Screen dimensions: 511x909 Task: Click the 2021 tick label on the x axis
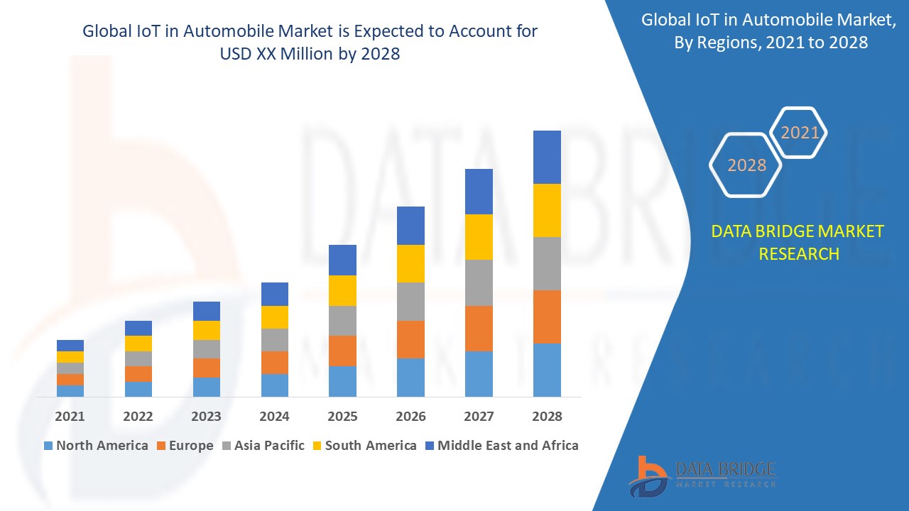pos(70,417)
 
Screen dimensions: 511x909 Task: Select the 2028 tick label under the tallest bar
pos(547,417)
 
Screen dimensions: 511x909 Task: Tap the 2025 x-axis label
pos(342,417)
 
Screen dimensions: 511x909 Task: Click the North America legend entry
pos(96,446)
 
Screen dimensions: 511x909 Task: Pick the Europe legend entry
pos(184,446)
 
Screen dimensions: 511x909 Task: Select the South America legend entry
pos(364,446)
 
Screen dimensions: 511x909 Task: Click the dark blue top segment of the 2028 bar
pos(547,157)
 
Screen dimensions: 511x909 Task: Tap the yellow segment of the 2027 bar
pos(479,237)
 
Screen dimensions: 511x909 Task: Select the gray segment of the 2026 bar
pos(410,302)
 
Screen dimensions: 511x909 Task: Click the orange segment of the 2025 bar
pos(342,351)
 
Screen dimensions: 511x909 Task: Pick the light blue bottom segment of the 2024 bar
pos(274,385)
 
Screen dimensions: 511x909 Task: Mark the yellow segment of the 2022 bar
pos(138,344)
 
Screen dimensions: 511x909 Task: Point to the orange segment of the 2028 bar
pos(547,317)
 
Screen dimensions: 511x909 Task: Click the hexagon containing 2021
pos(800,133)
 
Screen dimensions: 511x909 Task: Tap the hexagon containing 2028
pos(746,165)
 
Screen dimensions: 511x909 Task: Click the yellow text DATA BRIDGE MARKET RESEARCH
pos(798,242)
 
